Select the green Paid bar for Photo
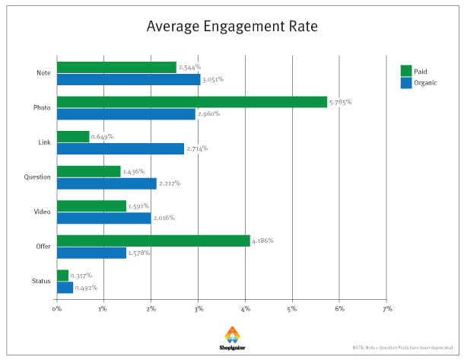tap(192, 102)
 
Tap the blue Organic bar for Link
tap(120, 148)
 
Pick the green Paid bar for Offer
tap(153, 241)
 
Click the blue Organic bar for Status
tap(65, 288)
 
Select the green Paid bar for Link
tap(73, 137)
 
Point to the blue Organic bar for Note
tap(129, 79)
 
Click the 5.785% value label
tap(340, 101)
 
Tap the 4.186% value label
tap(262, 241)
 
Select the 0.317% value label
tap(81, 276)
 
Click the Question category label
tap(37, 177)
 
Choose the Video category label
tap(42, 212)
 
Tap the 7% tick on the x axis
tap(386, 309)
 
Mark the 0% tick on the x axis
tap(57, 309)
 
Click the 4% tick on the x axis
tap(245, 309)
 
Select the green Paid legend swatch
tap(405, 72)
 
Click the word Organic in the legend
tap(426, 83)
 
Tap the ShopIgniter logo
tap(231, 338)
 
